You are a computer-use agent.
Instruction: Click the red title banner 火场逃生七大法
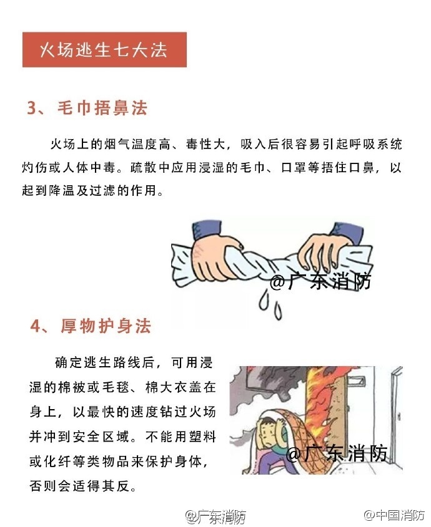click(104, 50)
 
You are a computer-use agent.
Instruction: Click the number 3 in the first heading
click(32, 109)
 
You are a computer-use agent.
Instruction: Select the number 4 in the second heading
click(36, 326)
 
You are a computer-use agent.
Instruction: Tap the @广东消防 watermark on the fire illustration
click(338, 453)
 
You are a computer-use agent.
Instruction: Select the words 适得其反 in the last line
click(107, 485)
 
